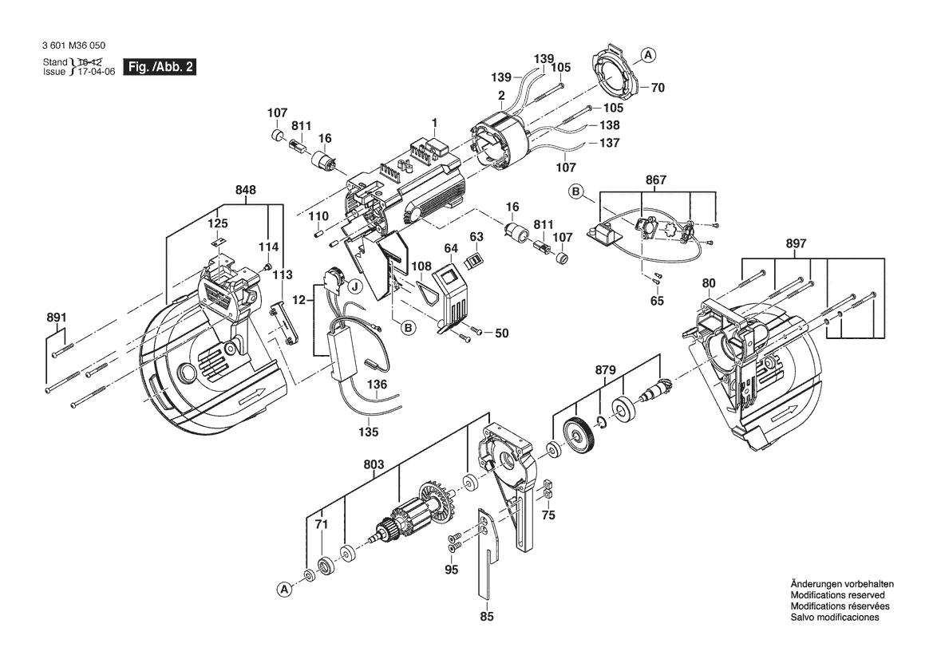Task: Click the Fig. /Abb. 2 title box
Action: [x=160, y=67]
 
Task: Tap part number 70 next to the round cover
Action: [x=658, y=88]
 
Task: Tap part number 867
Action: [x=656, y=180]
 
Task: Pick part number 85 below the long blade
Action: [x=487, y=616]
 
